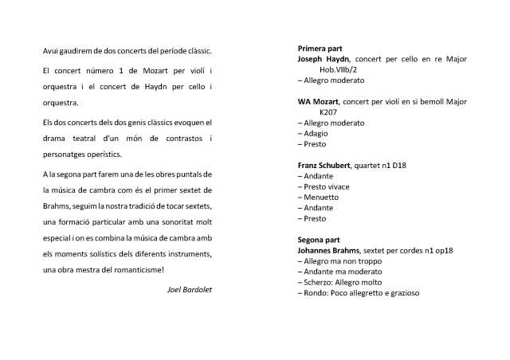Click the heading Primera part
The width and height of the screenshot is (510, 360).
[320, 49]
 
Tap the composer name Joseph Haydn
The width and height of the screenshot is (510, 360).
[323, 59]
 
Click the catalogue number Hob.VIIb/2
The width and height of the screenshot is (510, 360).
[351, 69]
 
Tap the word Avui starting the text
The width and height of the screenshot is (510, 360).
[52, 51]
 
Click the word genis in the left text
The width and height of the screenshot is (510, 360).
[139, 123]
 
